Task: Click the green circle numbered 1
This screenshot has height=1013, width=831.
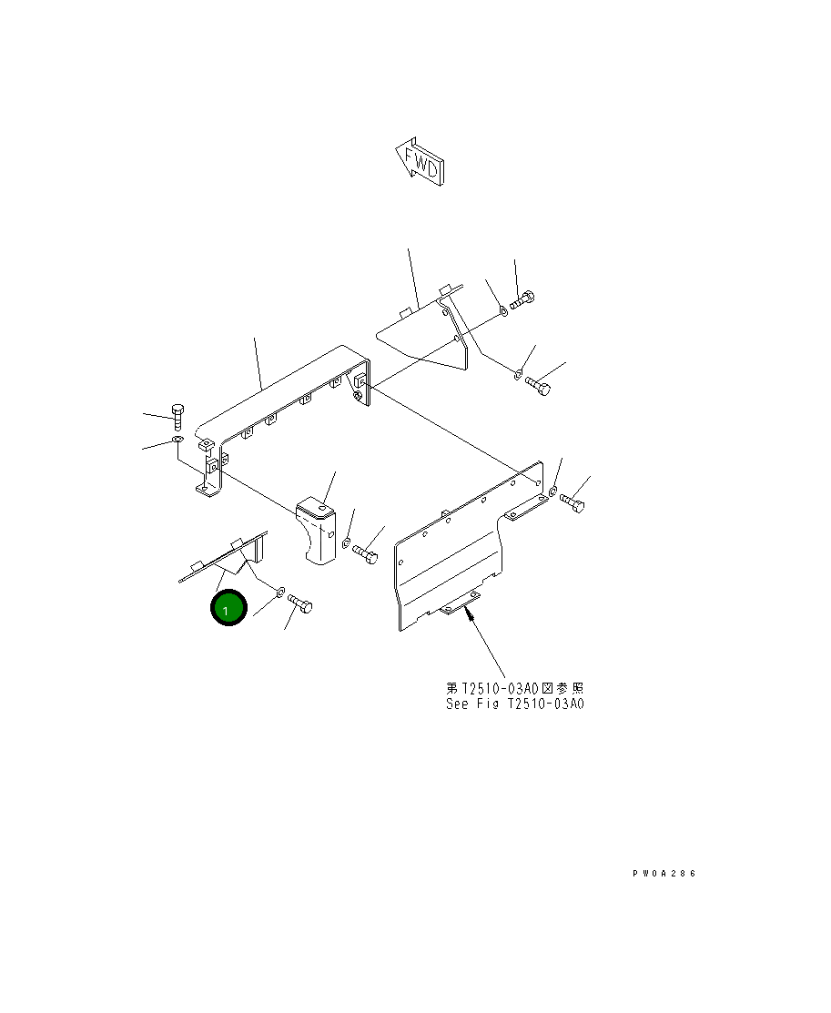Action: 228,609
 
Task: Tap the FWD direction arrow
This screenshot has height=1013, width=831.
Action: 420,162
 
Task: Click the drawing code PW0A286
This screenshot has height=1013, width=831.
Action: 664,874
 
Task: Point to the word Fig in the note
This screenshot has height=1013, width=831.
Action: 492,704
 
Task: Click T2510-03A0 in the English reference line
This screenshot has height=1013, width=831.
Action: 549,704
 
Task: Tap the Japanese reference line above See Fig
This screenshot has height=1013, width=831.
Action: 514,688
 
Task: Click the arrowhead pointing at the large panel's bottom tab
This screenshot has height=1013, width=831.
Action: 469,616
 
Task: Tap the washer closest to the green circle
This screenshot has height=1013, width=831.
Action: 281,592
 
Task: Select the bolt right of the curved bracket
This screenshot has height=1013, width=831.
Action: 366,552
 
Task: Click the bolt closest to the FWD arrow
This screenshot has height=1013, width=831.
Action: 523,299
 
